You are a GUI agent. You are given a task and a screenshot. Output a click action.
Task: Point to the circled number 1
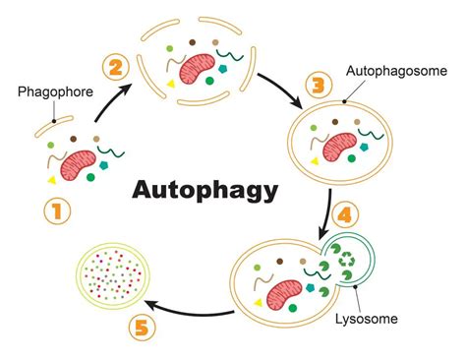click(56, 210)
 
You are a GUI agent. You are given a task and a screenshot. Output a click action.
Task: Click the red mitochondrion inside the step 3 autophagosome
click(343, 146)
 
